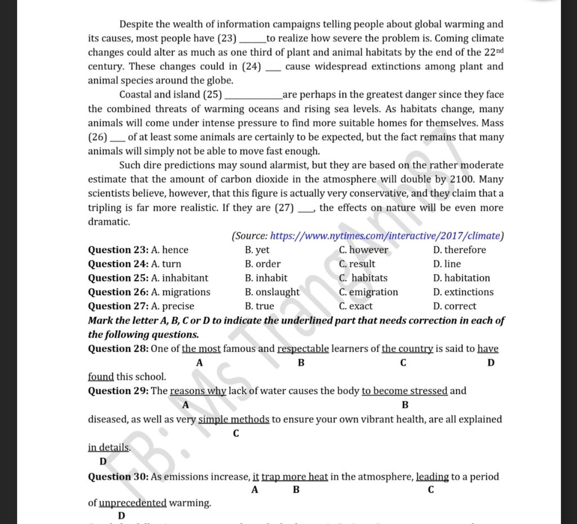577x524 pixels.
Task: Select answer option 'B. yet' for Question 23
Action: coord(258,250)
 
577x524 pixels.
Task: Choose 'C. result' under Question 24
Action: coord(357,264)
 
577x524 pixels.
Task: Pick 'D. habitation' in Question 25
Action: coord(461,278)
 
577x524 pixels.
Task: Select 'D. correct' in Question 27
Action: coord(455,306)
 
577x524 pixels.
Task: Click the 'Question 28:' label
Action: coord(118,349)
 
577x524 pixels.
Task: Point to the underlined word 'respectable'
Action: coord(303,349)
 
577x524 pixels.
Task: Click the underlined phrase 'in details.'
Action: coord(109,448)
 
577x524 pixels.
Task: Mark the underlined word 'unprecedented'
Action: coord(133,503)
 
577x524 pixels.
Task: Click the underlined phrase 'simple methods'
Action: coord(234,420)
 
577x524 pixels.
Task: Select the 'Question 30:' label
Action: coord(118,477)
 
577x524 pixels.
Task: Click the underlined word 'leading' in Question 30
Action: coord(433,477)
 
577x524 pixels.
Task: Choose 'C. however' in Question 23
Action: coord(364,250)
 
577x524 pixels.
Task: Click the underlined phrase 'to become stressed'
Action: coord(405,391)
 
